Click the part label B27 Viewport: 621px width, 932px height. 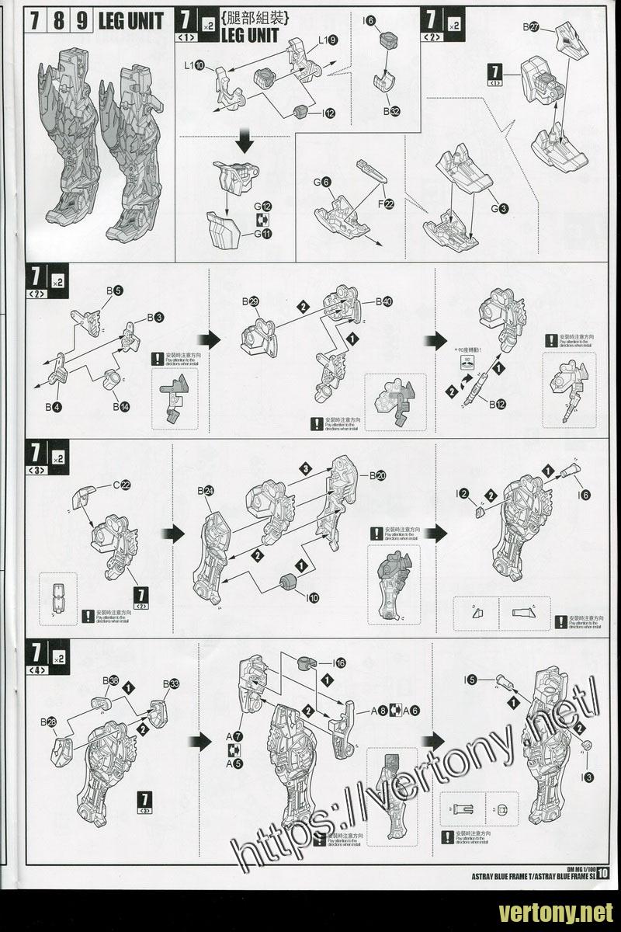click(531, 27)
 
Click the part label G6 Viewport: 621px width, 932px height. click(322, 182)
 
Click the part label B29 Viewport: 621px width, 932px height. click(249, 301)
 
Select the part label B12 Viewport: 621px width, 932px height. click(497, 403)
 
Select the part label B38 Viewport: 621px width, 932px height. click(109, 680)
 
